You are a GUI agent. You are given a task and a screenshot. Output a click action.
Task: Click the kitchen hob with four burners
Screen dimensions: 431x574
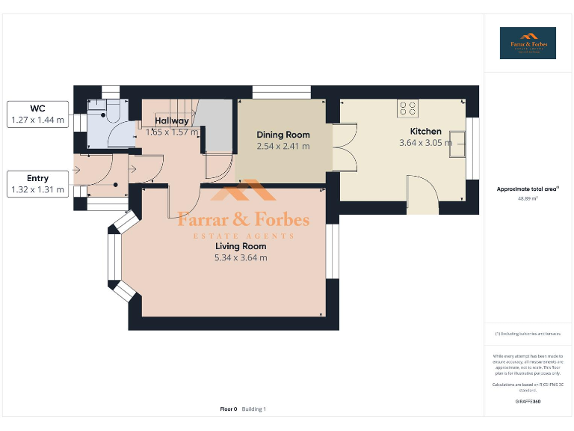[407, 109]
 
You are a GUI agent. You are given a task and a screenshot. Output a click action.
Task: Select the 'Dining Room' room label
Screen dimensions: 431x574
[283, 135]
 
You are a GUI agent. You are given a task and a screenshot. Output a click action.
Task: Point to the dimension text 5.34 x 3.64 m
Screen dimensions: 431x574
[241, 257]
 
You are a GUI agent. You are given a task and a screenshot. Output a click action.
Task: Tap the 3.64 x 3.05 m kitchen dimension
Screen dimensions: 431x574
[425, 143]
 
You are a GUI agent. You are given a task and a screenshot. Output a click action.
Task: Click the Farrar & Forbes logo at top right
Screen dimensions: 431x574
[528, 43]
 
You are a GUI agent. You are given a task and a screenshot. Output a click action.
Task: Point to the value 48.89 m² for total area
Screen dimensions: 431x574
[528, 199]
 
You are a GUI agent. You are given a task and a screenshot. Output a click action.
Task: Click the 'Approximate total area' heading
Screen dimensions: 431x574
[528, 189]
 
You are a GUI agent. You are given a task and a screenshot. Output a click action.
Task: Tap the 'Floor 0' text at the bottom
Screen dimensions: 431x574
[229, 409]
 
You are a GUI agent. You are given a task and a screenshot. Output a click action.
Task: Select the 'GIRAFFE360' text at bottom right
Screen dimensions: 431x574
[528, 402]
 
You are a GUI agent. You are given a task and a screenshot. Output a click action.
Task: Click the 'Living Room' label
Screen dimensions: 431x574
[241, 246]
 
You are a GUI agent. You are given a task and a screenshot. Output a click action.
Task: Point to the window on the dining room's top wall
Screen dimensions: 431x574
[282, 92]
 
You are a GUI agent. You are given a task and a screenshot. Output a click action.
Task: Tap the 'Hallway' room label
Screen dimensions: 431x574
[171, 120]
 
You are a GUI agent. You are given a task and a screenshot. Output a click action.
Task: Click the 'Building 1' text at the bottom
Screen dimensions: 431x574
[254, 409]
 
